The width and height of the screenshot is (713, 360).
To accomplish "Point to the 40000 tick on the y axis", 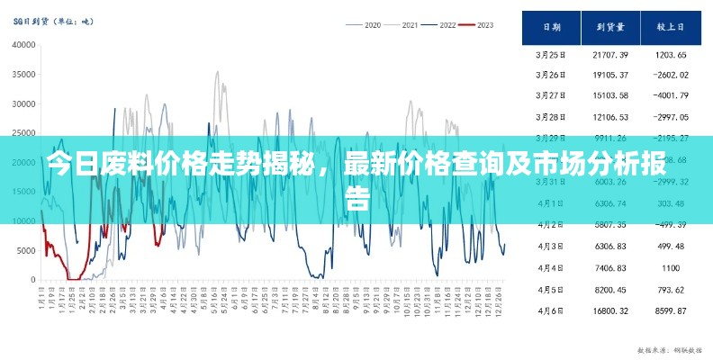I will pyautogui.click(x=23, y=45).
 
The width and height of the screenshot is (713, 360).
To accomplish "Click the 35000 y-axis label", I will pyautogui.click(x=23, y=75).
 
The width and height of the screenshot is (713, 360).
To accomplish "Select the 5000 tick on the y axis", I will pyautogui.click(x=26, y=251).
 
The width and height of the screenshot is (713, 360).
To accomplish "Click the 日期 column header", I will pyautogui.click(x=551, y=28).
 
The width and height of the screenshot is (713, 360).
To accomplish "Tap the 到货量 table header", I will pyautogui.click(x=610, y=28).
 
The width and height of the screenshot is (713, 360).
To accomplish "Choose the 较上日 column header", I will pyautogui.click(x=671, y=28).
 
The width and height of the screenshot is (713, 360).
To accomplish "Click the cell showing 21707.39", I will pyautogui.click(x=610, y=55).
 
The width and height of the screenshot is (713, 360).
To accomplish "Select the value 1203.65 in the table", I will pyautogui.click(x=671, y=55).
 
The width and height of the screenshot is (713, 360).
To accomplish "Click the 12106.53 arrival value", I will pyautogui.click(x=610, y=117).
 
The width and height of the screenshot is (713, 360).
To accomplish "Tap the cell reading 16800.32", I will pyautogui.click(x=610, y=310).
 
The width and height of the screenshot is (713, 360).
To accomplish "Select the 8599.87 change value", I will pyautogui.click(x=671, y=310).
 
